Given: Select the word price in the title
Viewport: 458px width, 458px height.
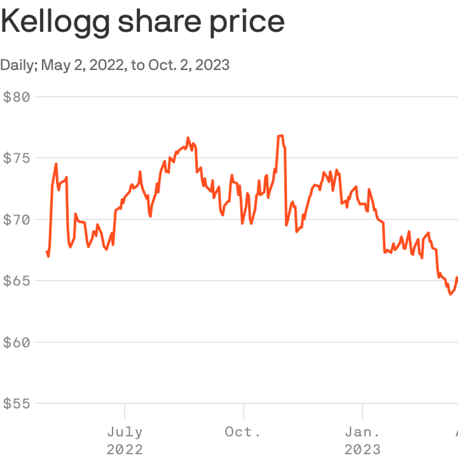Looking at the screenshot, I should (247, 23).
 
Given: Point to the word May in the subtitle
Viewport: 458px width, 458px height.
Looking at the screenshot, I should (56, 65).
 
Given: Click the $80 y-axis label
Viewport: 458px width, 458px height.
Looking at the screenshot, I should (17, 97).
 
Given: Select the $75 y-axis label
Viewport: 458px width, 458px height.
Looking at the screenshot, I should (17, 158).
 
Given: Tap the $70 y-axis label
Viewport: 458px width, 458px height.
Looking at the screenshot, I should (17, 220).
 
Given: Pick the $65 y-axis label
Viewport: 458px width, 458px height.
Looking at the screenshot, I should (17, 281).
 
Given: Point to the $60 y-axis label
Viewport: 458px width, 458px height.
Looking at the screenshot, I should (17, 342).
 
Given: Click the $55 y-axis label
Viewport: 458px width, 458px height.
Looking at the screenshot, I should (17, 404).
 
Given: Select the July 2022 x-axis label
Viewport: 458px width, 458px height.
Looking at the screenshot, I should (125, 441).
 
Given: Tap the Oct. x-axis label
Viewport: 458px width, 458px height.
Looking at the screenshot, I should (243, 432).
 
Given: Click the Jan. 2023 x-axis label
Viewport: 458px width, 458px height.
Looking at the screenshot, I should (362, 441).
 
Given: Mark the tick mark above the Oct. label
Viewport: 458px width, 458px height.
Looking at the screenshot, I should (244, 412).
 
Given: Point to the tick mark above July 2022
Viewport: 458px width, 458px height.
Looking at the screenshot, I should (125, 412).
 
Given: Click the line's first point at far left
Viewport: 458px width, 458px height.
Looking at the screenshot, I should (47, 252).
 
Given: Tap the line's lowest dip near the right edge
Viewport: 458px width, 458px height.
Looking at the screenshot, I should (451, 294).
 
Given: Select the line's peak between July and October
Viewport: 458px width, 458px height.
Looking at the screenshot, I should (188, 138).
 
